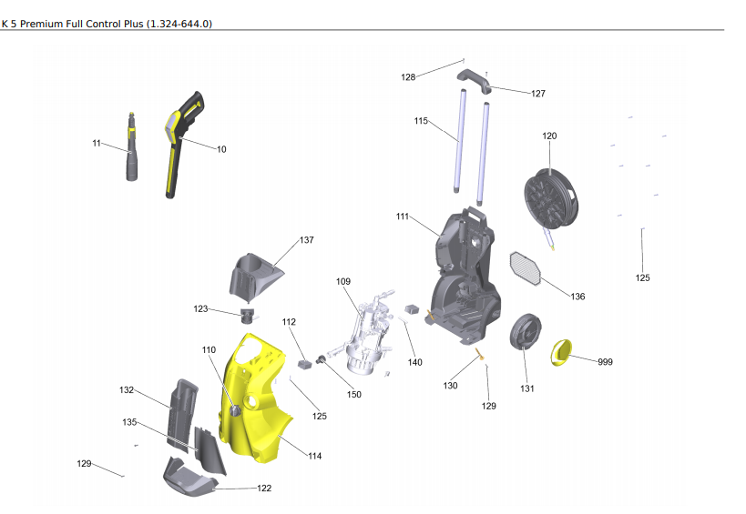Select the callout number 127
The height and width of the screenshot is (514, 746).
538,94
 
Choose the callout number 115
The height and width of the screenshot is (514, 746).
421,121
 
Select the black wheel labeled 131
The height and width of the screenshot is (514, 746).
526,334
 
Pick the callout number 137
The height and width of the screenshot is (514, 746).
307,240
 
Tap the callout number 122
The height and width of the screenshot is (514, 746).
264,489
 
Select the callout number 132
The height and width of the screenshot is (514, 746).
127,389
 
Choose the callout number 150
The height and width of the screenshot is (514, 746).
353,394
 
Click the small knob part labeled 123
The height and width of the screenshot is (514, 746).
246,316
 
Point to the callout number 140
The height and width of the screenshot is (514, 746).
414,362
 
